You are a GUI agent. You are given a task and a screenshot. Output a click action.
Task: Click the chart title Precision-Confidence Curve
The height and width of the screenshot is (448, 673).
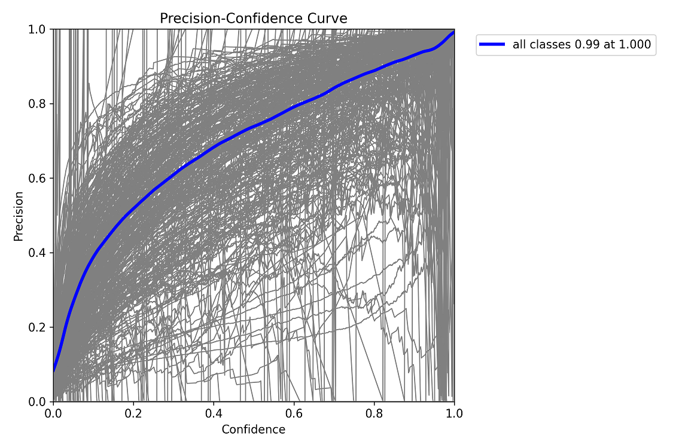tap(253, 19)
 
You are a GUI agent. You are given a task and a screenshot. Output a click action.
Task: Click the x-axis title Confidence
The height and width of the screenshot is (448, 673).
tap(253, 429)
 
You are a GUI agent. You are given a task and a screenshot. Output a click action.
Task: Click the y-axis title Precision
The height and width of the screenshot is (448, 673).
tap(19, 216)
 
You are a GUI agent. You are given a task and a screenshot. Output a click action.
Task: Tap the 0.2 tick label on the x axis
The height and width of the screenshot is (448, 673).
tap(133, 413)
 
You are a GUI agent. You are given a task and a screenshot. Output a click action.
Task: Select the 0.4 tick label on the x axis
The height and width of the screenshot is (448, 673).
tap(214, 413)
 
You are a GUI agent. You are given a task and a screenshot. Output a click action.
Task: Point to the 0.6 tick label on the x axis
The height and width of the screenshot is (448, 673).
tap(294, 413)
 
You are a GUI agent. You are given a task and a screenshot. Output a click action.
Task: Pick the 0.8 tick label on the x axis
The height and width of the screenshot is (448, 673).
tap(374, 413)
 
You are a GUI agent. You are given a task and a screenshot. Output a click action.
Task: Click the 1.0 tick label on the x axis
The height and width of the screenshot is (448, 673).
tap(454, 413)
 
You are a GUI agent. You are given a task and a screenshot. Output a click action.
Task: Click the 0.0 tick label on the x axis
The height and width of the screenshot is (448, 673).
tap(53, 413)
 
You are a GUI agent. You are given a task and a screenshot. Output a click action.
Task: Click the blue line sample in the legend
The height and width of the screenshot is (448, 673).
tap(494, 44)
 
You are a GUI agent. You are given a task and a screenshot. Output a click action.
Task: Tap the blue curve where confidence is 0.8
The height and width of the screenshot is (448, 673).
tap(374, 71)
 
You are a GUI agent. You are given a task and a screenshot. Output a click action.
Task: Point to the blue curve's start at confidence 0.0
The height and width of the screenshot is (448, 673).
tap(54, 370)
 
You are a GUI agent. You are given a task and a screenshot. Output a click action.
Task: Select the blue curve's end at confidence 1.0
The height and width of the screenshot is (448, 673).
tap(453, 32)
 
